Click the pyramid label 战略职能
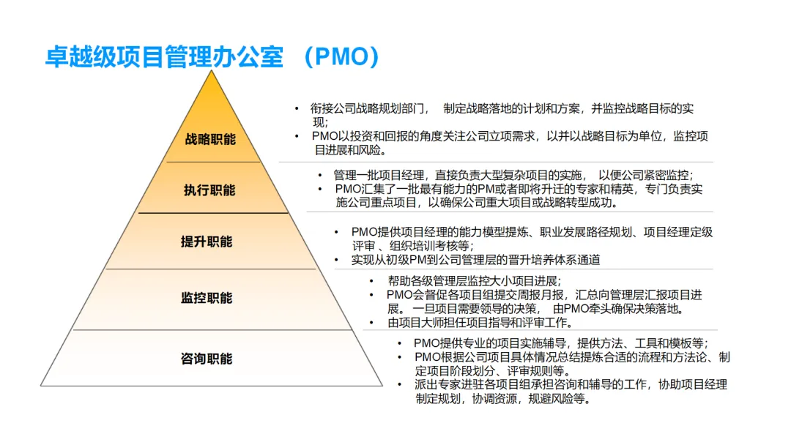point(210,139)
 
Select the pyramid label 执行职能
point(209,190)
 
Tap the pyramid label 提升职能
point(207,242)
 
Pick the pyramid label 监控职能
point(207,298)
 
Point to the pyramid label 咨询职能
point(207,359)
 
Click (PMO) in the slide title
point(343,56)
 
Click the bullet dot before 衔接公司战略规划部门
point(297,108)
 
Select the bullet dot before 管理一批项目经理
point(320,175)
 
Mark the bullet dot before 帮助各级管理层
point(373,280)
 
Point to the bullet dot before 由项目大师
point(373,322)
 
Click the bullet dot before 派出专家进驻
point(400,385)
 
